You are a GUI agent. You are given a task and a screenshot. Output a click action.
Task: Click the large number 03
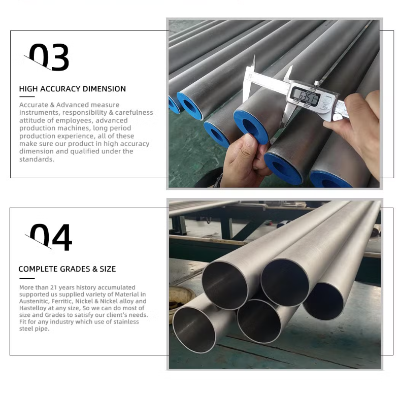coord(49,57)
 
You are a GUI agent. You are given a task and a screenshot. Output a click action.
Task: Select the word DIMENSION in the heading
coord(104,89)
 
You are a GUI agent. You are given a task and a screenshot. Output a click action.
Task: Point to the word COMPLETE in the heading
coord(38,269)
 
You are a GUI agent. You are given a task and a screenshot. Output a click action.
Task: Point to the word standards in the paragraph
coord(37,159)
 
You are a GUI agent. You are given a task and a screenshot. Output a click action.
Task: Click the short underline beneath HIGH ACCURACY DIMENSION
coord(27,96)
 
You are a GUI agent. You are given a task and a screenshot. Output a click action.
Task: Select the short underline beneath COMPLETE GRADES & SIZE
coord(27,278)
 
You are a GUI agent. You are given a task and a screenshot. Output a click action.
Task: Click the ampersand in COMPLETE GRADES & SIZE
coord(95,269)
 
